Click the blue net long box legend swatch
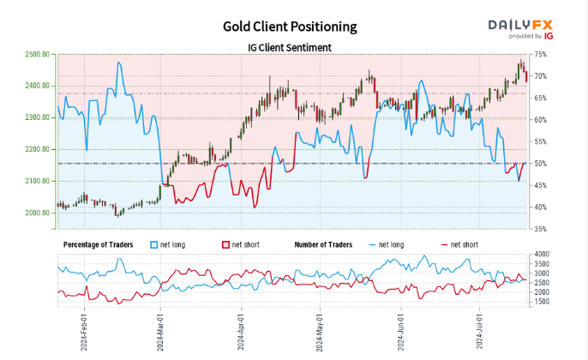click(154, 244)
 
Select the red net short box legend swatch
click(225, 244)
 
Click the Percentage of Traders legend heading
click(99, 244)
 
